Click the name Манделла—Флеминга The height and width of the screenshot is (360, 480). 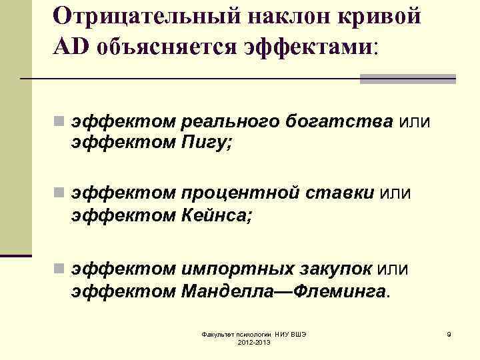[x=283, y=291]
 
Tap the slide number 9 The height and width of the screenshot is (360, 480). [x=449, y=333]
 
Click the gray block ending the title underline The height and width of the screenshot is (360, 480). [x=407, y=79]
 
